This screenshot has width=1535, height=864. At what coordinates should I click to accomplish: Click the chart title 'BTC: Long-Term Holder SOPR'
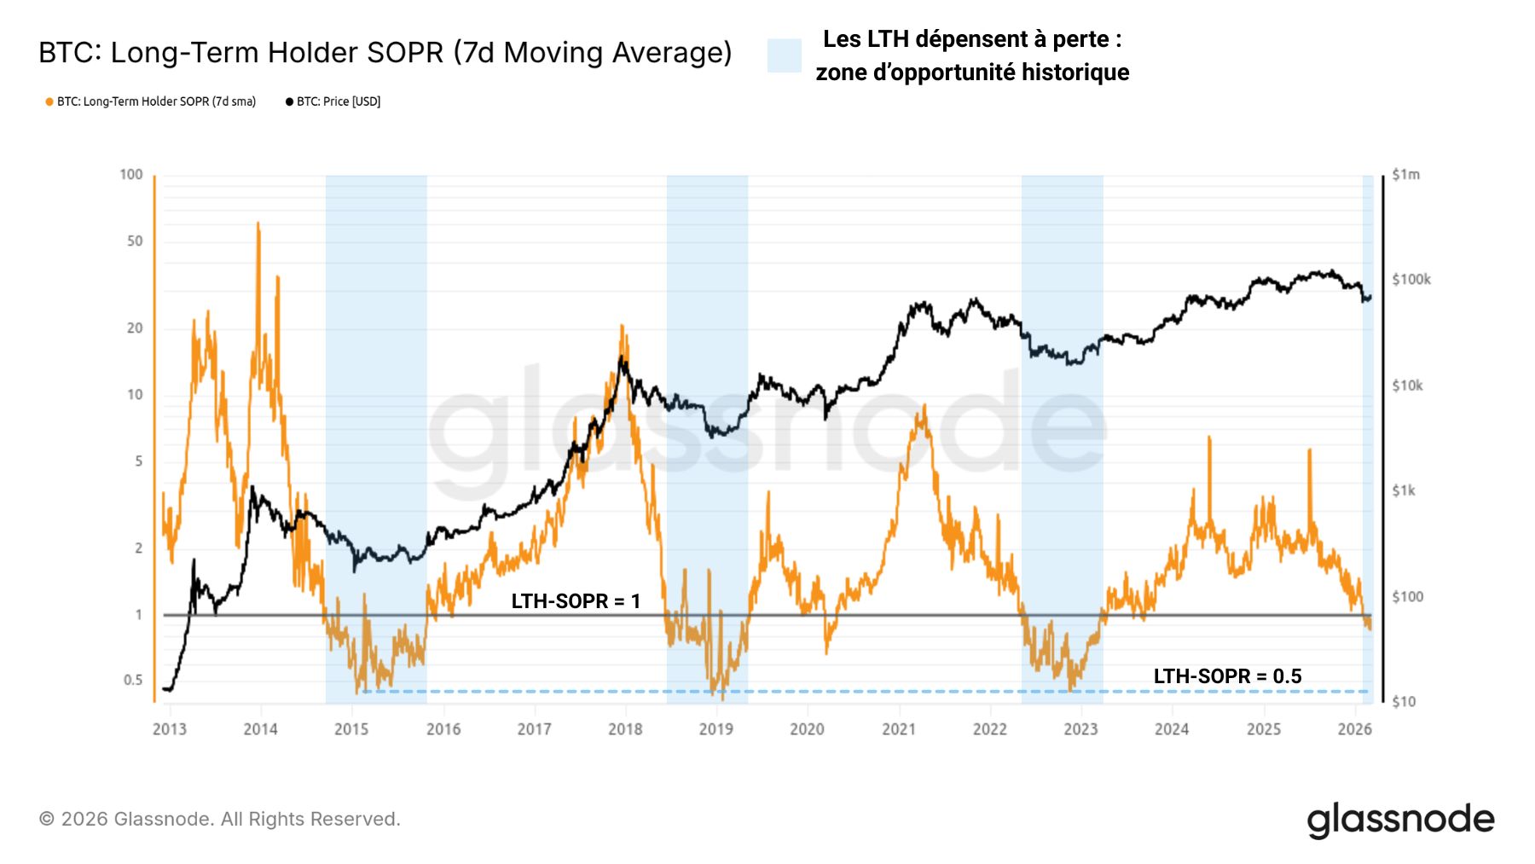click(x=385, y=53)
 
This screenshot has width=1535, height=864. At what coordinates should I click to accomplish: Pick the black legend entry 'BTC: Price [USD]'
click(x=333, y=101)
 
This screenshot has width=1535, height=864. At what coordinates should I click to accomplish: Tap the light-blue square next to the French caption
click(x=784, y=55)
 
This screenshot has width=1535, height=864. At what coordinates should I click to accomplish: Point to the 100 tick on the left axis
click(x=131, y=175)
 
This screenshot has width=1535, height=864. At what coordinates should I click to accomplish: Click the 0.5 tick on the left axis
click(x=133, y=681)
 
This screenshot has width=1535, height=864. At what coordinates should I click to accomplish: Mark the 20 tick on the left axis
click(x=135, y=328)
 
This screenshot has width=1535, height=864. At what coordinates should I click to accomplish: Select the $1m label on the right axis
click(x=1405, y=175)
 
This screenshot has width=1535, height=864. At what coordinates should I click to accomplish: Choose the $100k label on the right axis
click(x=1410, y=280)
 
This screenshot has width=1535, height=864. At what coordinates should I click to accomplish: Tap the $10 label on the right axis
click(x=1404, y=702)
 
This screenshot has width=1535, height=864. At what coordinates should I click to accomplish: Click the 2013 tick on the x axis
click(x=170, y=729)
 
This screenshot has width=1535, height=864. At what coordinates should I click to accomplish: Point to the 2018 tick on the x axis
click(x=625, y=729)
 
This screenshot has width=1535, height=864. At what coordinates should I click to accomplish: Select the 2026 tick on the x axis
click(x=1354, y=729)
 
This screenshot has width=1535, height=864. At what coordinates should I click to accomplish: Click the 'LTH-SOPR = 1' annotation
click(x=576, y=601)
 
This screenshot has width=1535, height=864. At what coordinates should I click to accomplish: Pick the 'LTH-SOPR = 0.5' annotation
click(x=1227, y=676)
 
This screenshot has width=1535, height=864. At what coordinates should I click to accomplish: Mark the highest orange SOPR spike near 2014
click(x=258, y=224)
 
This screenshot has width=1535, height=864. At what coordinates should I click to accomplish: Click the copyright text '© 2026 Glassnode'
click(x=219, y=820)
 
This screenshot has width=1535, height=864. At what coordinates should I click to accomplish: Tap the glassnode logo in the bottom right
click(x=1400, y=820)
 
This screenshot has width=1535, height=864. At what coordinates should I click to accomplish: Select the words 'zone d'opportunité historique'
click(x=972, y=72)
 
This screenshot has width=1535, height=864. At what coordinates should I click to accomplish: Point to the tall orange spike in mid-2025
click(x=1309, y=452)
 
